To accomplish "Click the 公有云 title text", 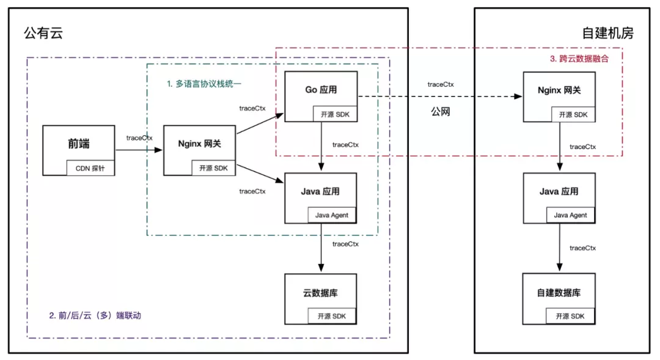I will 43,34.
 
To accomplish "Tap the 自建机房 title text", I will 607,34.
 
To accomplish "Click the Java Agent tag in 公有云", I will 332,215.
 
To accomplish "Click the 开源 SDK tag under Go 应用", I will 334,114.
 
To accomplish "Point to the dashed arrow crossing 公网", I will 437,97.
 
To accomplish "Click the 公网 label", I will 440,112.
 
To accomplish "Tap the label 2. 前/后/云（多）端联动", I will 98,316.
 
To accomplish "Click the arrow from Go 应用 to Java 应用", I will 321,146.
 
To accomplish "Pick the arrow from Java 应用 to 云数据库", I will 321,248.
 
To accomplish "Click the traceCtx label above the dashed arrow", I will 440,84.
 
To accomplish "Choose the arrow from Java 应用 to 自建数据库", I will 559,248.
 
